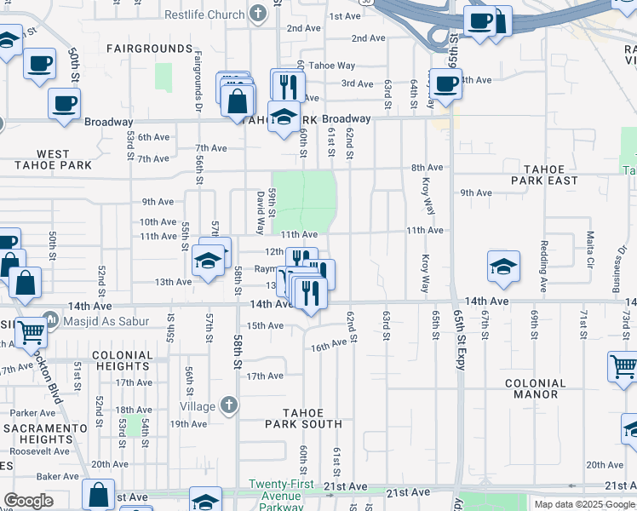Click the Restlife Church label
(x=204, y=14)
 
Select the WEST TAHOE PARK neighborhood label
(x=53, y=159)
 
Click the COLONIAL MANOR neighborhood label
(x=547, y=388)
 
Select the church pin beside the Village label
(x=227, y=406)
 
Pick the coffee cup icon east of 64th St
(x=445, y=83)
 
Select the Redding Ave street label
(x=542, y=266)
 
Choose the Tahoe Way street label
(x=331, y=66)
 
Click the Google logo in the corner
(x=28, y=501)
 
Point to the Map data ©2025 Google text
(x=583, y=504)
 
